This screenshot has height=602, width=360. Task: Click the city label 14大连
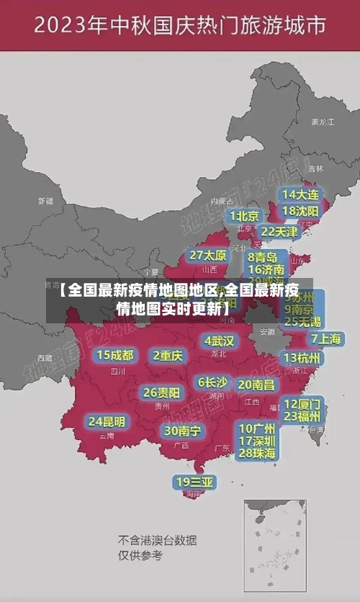pyautogui.click(x=300, y=194)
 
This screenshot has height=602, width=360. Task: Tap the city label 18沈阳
pyautogui.click(x=300, y=211)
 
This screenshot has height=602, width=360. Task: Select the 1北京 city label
pyautogui.click(x=244, y=215)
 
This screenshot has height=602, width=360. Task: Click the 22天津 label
pyautogui.click(x=279, y=231)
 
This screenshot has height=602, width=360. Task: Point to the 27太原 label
pyautogui.click(x=208, y=255)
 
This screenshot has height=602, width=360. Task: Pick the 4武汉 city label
pyautogui.click(x=219, y=340)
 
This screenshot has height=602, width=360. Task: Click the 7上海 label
pyautogui.click(x=325, y=338)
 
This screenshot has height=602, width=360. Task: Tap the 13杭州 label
pyautogui.click(x=302, y=357)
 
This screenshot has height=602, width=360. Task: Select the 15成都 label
pyautogui.click(x=115, y=354)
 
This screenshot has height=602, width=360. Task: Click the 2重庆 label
pyautogui.click(x=168, y=355)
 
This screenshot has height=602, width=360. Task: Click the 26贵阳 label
pyautogui.click(x=161, y=392)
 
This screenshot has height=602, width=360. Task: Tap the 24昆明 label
pyautogui.click(x=107, y=421)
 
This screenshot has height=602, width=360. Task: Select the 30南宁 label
pyautogui.click(x=182, y=431)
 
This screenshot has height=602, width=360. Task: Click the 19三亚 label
pyautogui.click(x=194, y=482)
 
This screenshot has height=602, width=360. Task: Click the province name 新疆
pyautogui.click(x=45, y=201)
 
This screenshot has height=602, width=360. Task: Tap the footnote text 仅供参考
pyautogui.click(x=140, y=555)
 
